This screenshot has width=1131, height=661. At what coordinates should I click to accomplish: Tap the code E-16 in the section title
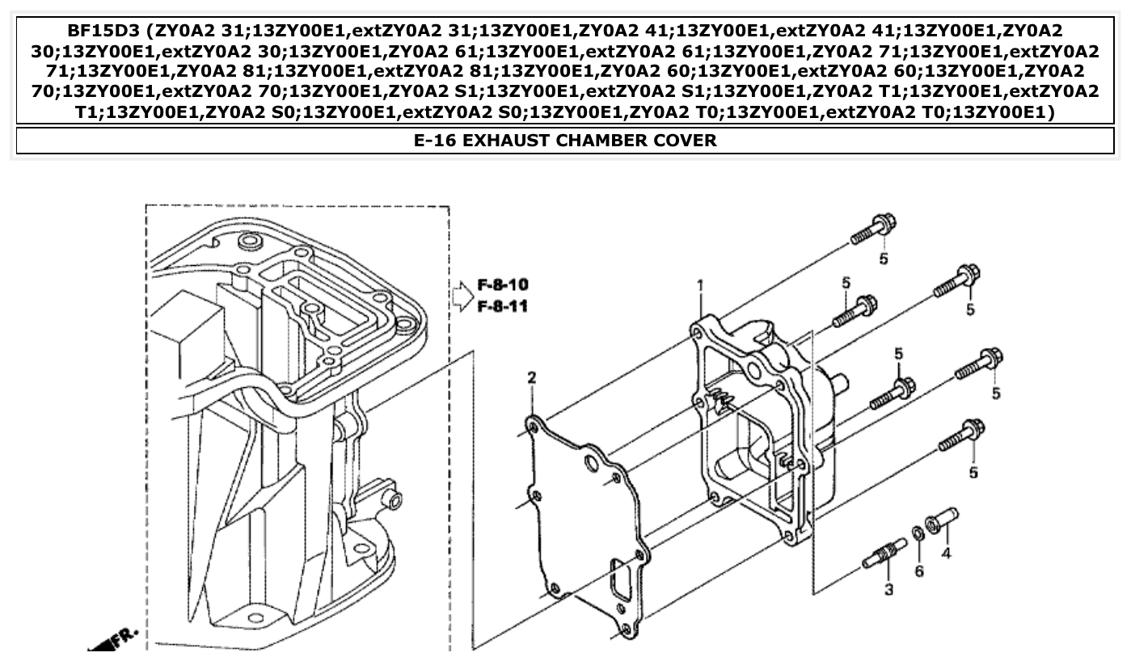[x=436, y=141]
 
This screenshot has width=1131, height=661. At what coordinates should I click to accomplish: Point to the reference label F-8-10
[x=503, y=285]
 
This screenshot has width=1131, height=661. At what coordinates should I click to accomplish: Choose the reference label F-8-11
[x=503, y=307]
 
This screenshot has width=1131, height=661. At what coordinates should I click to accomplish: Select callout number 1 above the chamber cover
[x=701, y=285]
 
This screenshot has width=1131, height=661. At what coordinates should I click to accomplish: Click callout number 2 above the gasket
[x=532, y=378]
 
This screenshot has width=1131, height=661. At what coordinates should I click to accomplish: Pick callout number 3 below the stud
[x=888, y=590]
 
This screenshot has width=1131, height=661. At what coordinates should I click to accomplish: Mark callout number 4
[x=945, y=554]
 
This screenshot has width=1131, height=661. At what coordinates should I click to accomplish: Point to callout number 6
[x=919, y=571]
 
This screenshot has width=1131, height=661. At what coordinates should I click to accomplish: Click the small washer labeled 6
[x=918, y=533]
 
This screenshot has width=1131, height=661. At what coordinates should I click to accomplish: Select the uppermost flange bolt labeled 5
[x=873, y=229]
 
